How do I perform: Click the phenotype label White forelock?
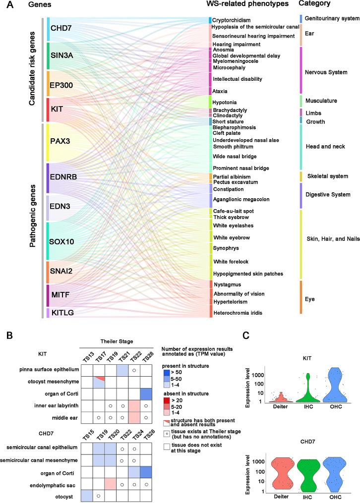(230, 261)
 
